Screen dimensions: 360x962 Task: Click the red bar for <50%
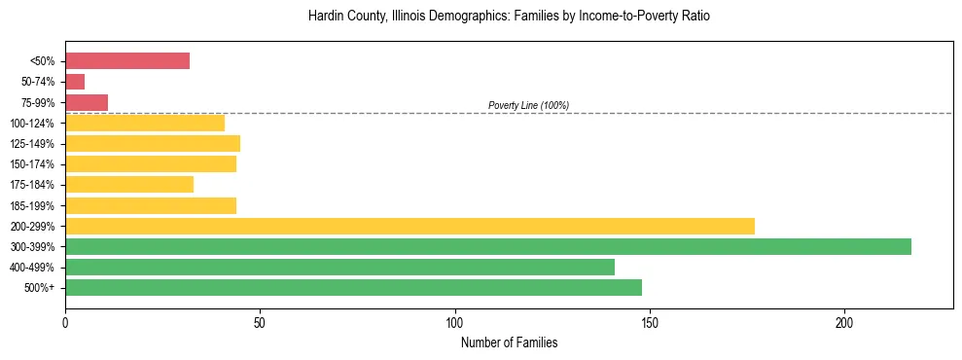127,61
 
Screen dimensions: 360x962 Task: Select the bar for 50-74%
75,82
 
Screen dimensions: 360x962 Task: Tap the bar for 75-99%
87,102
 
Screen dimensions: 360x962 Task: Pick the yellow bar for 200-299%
410,226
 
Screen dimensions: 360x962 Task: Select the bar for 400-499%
339,267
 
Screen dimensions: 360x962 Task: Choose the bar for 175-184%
129,184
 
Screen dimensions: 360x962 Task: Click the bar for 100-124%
145,123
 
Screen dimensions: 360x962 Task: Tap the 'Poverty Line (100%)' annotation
528,105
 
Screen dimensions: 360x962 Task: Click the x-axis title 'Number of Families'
509,343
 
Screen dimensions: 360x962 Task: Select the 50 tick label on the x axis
260,323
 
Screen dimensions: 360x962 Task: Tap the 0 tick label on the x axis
65,323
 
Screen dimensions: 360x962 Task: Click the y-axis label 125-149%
32,144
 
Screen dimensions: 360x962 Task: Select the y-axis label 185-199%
32,205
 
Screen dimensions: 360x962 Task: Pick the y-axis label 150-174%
32,164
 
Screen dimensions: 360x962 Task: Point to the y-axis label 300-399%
32,247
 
